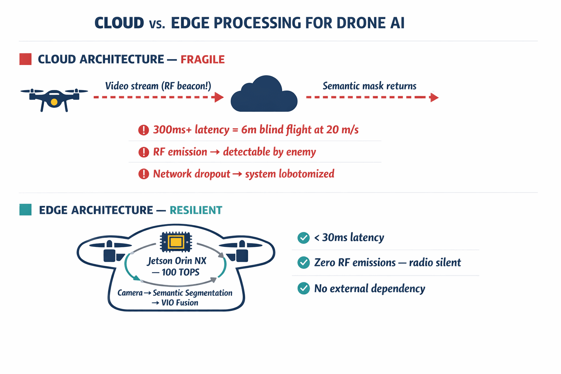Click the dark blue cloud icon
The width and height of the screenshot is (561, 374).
264,96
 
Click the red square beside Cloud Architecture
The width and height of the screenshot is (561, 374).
26,59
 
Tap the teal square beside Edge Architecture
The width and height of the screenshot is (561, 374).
26,210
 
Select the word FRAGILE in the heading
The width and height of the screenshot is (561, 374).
202,60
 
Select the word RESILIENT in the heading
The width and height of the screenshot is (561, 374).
196,210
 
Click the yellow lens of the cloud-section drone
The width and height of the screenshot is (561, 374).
54,102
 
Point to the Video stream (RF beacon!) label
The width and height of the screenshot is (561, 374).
158,86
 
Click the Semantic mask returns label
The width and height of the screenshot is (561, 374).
369,86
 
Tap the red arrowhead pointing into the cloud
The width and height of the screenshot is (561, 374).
219,97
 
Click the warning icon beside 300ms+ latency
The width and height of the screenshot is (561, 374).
144,130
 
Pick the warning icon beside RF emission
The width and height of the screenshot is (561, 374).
144,152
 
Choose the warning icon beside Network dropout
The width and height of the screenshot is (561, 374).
144,174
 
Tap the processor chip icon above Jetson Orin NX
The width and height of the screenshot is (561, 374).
176,242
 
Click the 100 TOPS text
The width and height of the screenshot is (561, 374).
180,272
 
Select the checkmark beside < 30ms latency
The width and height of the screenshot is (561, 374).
303,238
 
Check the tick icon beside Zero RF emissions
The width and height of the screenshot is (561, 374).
303,263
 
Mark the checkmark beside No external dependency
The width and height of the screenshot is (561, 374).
303,289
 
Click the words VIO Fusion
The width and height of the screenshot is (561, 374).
180,303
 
